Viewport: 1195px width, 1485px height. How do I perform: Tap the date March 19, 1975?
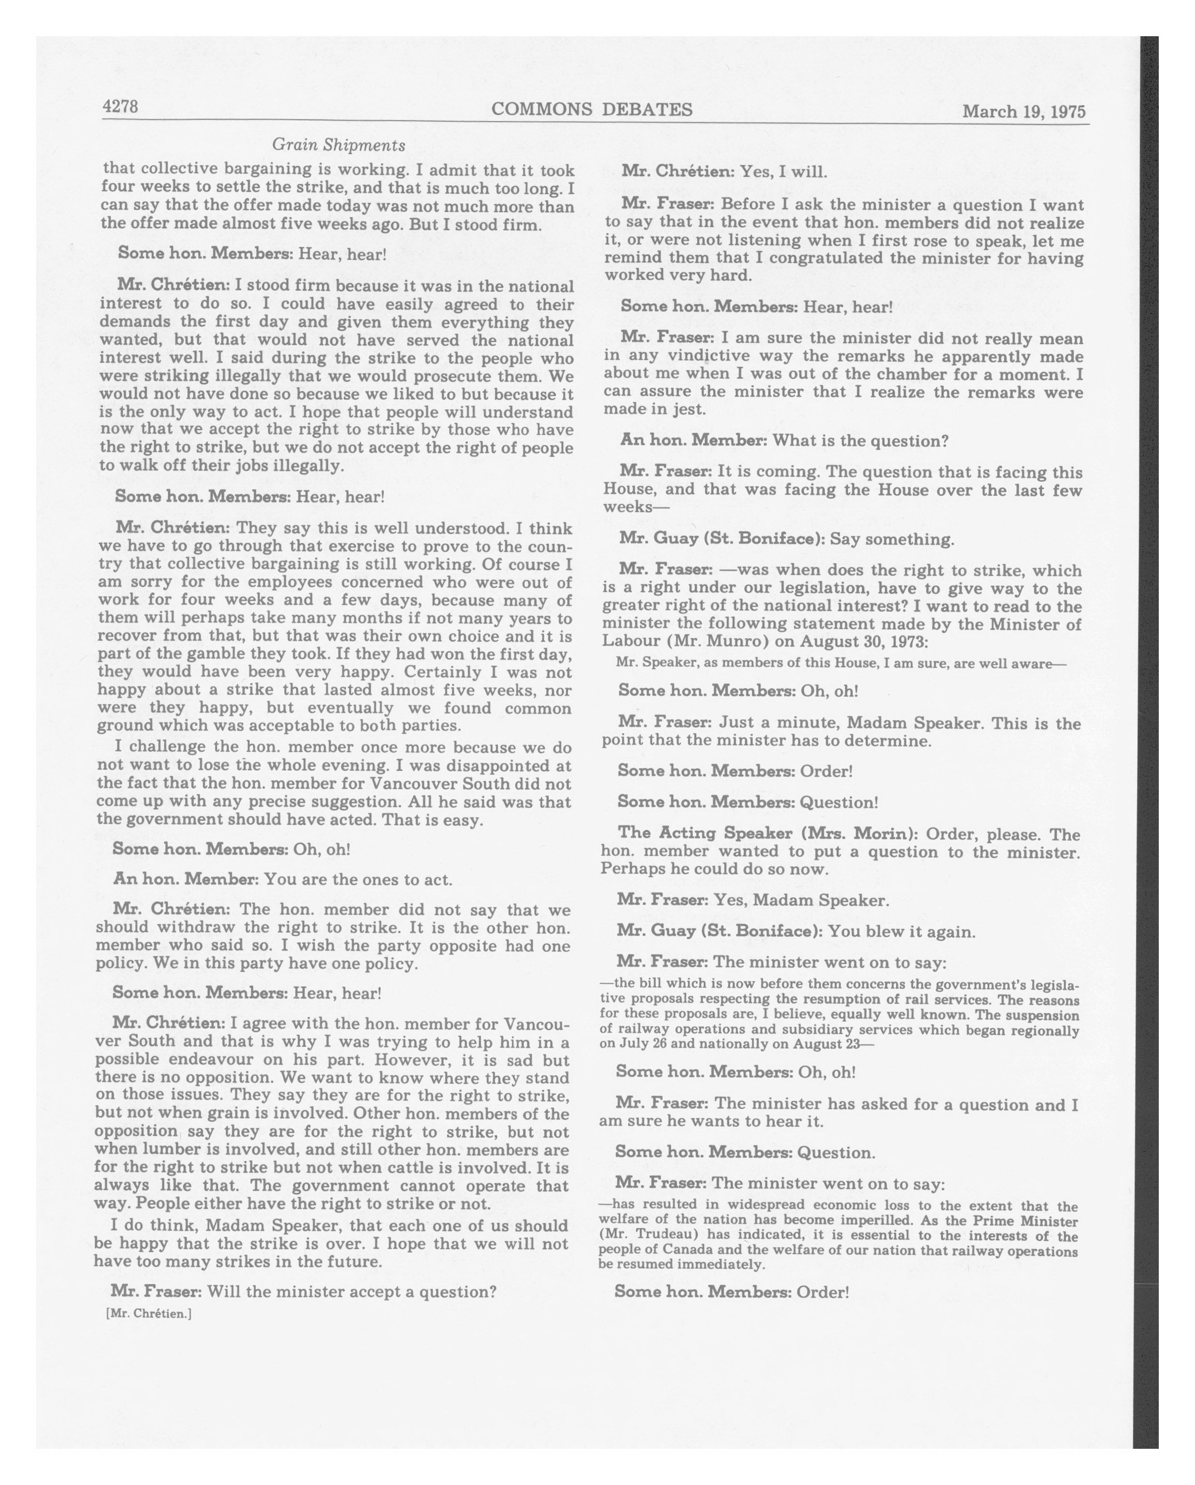coord(1024,112)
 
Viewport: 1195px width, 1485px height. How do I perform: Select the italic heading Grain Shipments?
coord(338,145)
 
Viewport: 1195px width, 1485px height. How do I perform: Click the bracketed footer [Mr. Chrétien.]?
coord(149,1314)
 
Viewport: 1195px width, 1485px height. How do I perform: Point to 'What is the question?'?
coord(860,441)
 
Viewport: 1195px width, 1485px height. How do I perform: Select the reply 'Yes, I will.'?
coord(783,171)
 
